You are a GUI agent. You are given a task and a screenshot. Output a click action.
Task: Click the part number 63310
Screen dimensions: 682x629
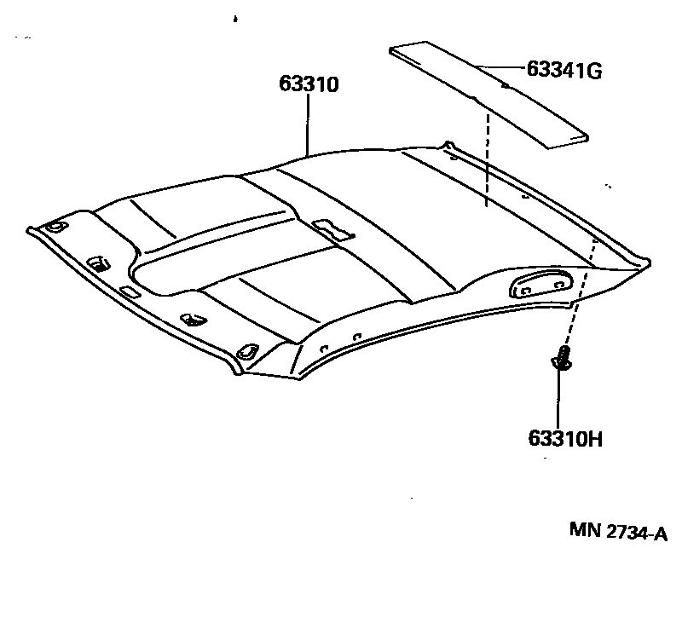(309, 84)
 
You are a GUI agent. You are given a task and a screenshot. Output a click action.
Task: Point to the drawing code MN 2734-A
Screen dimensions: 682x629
(619, 532)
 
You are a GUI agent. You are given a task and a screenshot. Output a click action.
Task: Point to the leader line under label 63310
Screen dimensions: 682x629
(307, 124)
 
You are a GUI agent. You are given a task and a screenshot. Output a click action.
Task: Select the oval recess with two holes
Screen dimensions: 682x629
(540, 283)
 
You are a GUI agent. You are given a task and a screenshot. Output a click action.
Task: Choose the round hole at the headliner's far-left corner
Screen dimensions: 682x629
(56, 227)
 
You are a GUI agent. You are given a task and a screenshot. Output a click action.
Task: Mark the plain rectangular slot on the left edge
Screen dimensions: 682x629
(130, 292)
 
